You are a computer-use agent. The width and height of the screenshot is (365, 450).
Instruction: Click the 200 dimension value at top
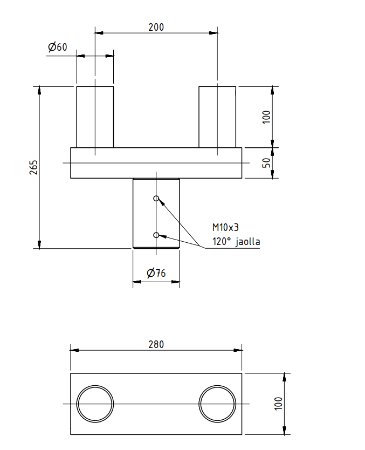click(156, 28)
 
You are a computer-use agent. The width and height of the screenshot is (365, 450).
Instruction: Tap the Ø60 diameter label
click(57, 47)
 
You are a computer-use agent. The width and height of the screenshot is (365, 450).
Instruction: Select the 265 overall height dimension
click(33, 167)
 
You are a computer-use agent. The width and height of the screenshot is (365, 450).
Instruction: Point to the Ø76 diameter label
click(156, 272)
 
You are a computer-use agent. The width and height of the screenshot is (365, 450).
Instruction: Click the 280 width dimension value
click(156, 344)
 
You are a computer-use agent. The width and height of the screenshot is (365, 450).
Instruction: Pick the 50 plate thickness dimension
click(266, 163)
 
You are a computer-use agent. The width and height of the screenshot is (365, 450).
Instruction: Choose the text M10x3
click(225, 227)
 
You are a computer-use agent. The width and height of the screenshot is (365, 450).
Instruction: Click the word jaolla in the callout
click(247, 241)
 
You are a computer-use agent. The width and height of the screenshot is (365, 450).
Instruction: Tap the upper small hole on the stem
click(156, 199)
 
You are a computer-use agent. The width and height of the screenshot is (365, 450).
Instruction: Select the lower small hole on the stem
click(156, 235)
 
